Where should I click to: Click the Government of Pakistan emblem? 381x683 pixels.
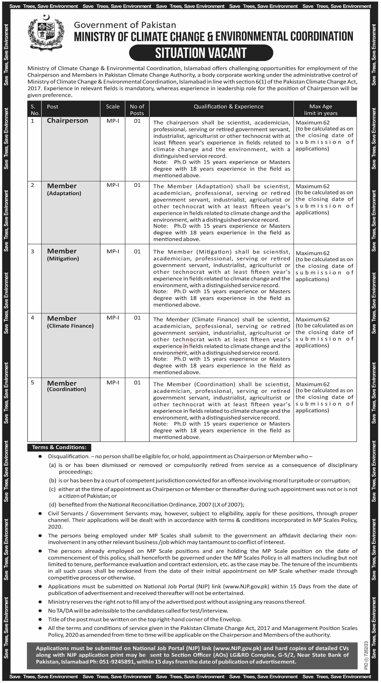coord(46,33)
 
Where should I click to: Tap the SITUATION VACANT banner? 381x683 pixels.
coord(201,53)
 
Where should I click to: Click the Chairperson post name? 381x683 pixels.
coord(67,121)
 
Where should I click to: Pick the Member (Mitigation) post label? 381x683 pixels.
coord(63,254)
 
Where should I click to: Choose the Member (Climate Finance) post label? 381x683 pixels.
coord(70,322)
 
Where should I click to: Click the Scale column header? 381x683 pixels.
coord(113,107)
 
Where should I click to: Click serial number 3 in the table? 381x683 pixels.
coord(33,251)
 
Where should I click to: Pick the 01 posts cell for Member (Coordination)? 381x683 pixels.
coord(137,383)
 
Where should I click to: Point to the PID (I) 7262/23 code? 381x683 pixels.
coord(366,655)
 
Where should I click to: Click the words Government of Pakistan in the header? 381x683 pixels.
coord(125,25)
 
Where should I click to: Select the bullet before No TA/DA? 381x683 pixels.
coord(40,611)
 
